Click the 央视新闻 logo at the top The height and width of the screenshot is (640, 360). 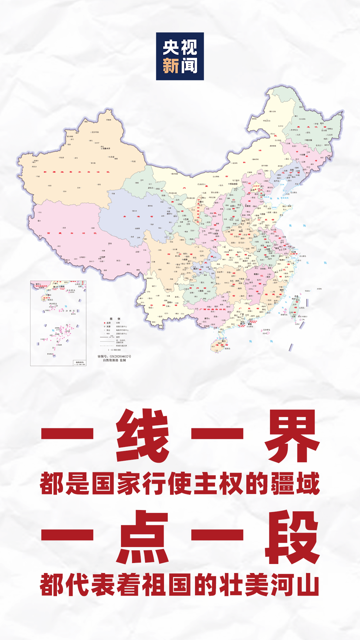pos(180,56)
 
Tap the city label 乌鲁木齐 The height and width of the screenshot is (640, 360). pos(106,148)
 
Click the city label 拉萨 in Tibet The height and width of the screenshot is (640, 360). pos(103,257)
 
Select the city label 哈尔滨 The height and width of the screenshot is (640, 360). pos(309,140)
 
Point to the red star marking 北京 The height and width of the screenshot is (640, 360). pos(256,190)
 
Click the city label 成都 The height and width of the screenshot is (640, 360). pos(185,259)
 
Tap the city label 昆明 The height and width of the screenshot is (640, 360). pos(170,302)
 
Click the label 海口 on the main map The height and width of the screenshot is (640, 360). pos(223,341)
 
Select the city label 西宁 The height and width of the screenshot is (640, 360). pos(169,214)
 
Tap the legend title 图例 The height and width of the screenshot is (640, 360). pos(115,319)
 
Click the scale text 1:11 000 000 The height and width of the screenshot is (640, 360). pos(114,350)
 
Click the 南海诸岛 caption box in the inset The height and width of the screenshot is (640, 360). pos(80,363)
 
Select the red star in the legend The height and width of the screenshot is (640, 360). pos(104,323)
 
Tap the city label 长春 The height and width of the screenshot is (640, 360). pos(303,155)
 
